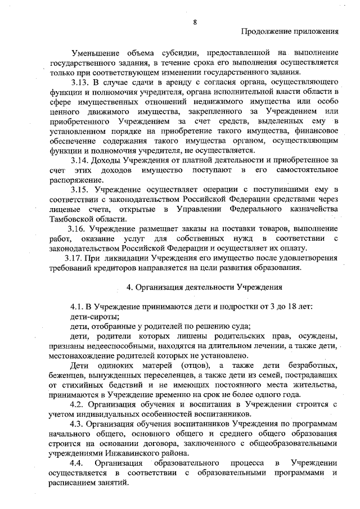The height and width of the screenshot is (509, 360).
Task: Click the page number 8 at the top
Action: (x=195, y=22)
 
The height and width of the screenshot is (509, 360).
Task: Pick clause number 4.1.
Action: (x=78, y=307)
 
